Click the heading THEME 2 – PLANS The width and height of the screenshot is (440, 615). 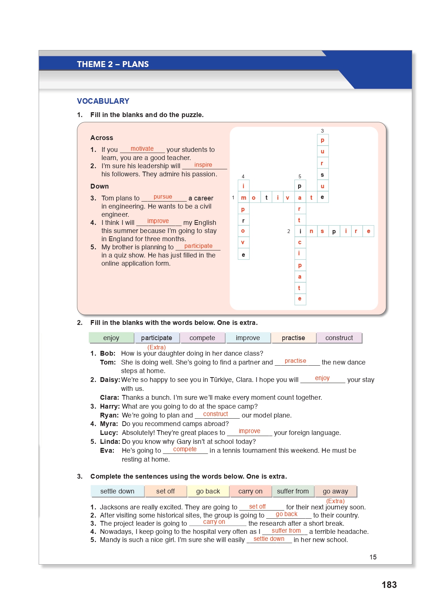click(x=113, y=64)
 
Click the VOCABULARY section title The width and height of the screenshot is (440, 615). click(x=103, y=101)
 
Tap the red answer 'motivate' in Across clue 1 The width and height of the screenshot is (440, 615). click(x=142, y=149)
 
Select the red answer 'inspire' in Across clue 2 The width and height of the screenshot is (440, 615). click(x=203, y=165)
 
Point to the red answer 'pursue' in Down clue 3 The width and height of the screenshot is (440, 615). click(x=163, y=197)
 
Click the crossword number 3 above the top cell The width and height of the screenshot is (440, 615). click(x=322, y=131)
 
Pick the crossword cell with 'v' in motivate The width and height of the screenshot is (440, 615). click(x=287, y=197)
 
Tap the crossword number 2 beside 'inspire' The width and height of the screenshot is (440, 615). click(x=289, y=231)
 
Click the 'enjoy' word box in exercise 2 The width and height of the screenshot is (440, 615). click(x=111, y=338)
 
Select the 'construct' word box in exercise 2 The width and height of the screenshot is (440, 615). click(x=339, y=338)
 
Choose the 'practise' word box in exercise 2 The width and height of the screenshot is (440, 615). click(x=293, y=338)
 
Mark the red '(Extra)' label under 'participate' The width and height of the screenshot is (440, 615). click(x=156, y=347)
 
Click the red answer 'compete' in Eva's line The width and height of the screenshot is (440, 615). click(x=185, y=449)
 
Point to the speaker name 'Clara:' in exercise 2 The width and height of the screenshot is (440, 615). click(x=109, y=398)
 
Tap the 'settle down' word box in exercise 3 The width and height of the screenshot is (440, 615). click(x=117, y=491)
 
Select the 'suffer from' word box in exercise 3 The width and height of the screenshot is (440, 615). click(x=293, y=491)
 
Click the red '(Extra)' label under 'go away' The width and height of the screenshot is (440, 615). click(x=335, y=501)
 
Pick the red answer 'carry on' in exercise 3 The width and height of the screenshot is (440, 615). click(x=214, y=522)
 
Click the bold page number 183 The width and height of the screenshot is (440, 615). click(x=389, y=585)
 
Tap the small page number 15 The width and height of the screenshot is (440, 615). click(x=373, y=557)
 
